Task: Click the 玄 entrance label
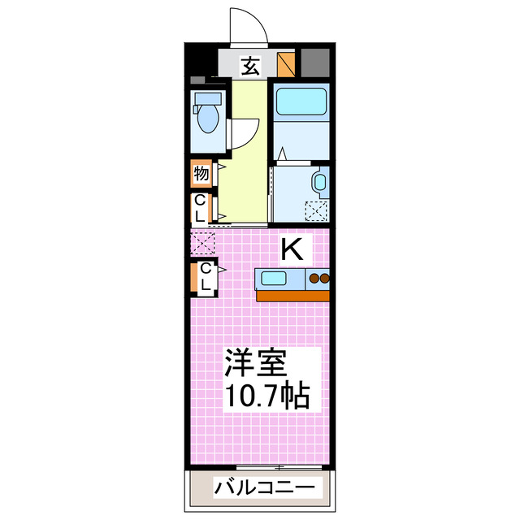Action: (251, 65)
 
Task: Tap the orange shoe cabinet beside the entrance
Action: (286, 64)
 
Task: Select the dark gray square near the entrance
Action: (316, 63)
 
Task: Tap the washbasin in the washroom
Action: (319, 182)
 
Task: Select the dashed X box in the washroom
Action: (315, 210)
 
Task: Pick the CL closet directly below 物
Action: (201, 208)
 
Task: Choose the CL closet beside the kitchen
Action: (206, 278)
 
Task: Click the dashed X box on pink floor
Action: (202, 241)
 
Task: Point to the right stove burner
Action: (326, 279)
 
